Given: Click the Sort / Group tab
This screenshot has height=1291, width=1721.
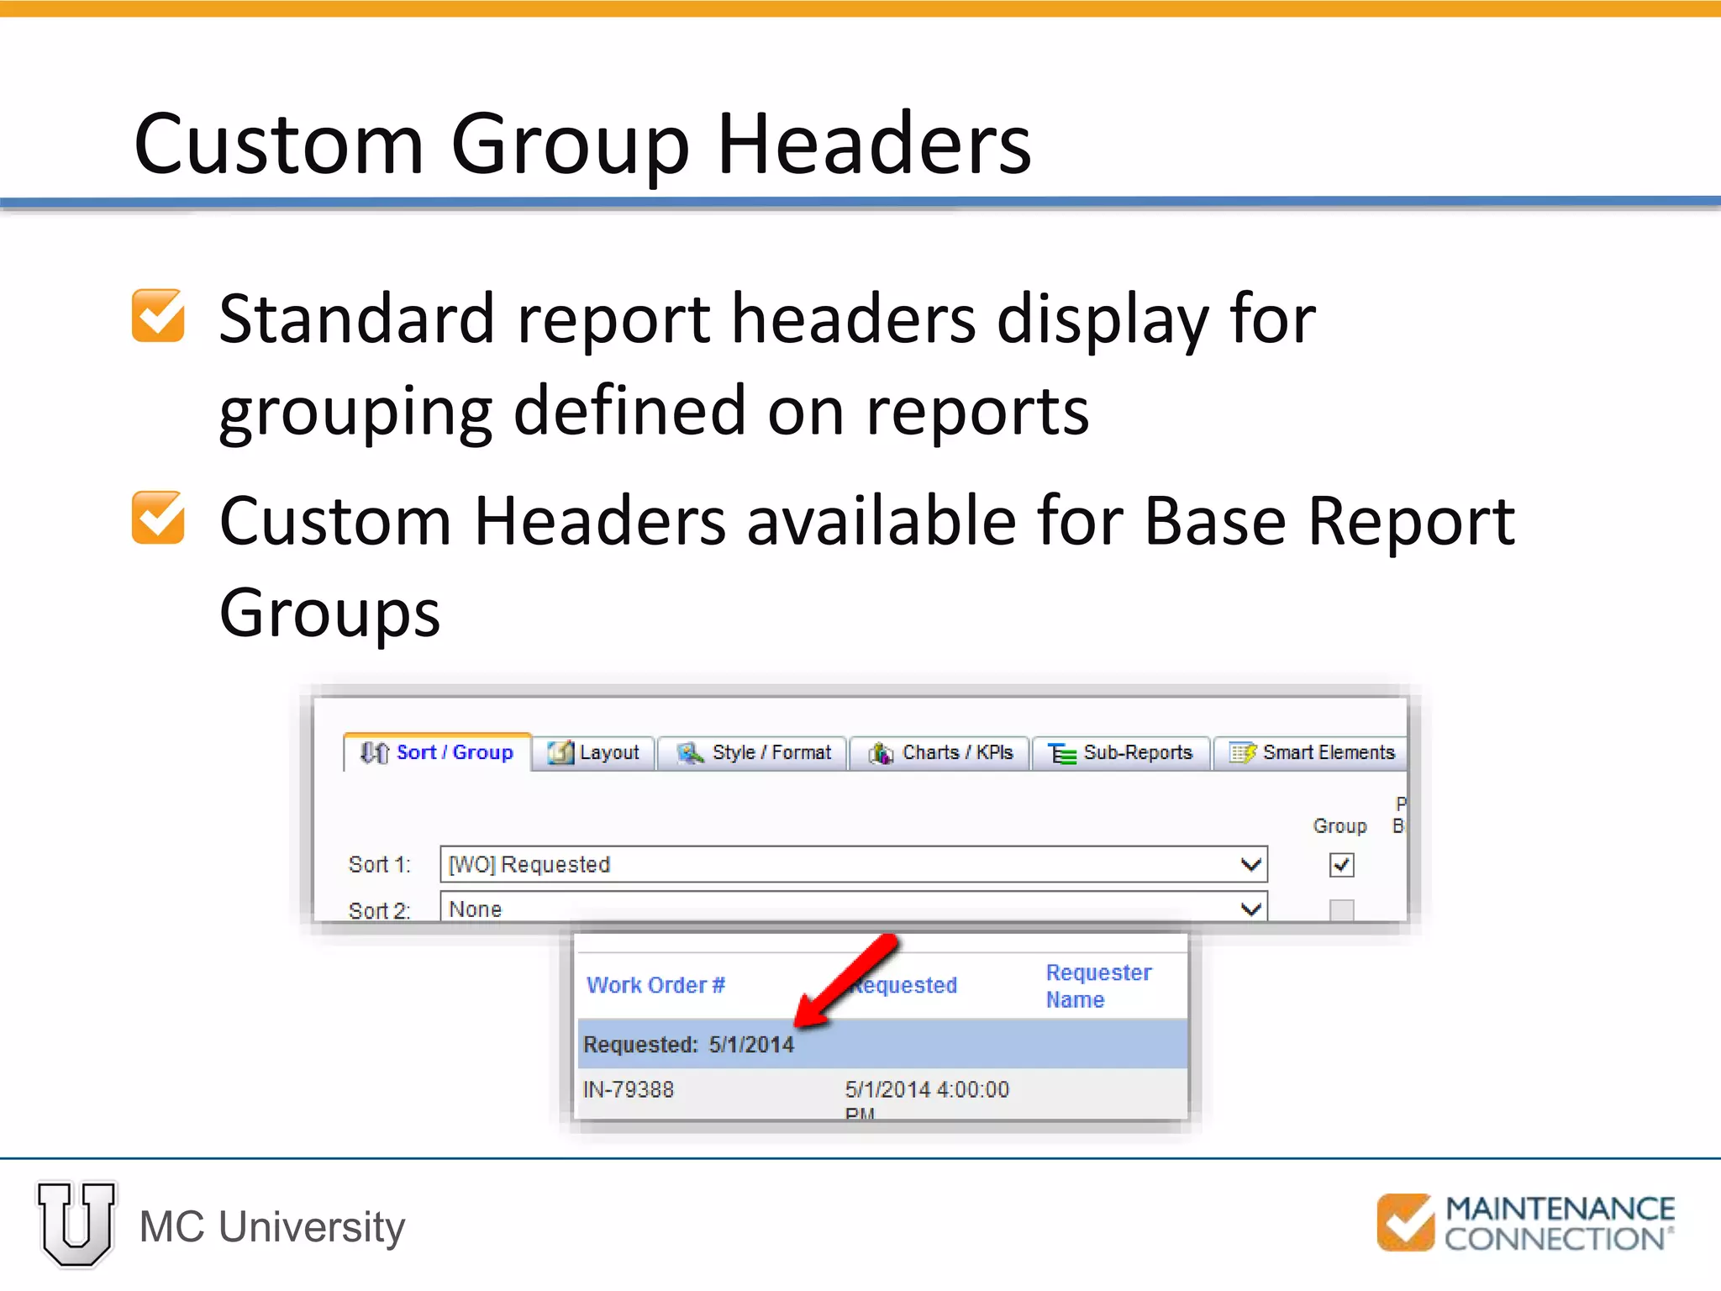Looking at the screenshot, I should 438,752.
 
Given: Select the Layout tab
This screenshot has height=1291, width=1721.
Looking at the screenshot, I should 594,752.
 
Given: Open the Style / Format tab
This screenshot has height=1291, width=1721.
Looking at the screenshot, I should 754,752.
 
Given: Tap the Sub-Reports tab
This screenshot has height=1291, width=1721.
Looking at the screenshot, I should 1122,752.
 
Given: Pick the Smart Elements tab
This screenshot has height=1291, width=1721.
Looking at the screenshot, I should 1312,752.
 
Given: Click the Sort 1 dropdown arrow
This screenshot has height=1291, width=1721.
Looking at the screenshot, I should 1250,865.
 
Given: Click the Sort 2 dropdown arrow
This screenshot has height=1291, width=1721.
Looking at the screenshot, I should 1250,909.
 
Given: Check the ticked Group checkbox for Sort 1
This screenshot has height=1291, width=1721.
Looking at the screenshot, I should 1342,865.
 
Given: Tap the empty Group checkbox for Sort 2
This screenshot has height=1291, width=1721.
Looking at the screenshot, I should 1342,909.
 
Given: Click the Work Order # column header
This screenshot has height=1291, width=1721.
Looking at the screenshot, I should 655,985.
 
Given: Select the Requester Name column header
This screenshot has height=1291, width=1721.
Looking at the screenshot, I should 1098,986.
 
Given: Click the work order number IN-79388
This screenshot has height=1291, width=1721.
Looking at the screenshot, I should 629,1090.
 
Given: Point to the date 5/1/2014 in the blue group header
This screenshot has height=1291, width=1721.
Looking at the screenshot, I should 751,1045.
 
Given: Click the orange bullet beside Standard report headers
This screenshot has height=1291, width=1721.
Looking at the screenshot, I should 158,316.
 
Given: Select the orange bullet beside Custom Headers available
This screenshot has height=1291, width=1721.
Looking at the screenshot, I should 158,518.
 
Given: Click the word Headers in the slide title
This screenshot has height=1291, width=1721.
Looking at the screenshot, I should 874,145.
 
